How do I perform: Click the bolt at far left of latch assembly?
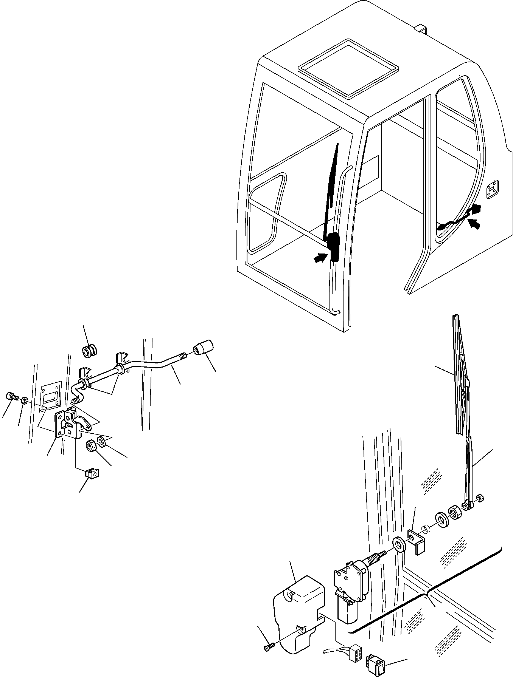pos(11,397)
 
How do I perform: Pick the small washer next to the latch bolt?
pos(25,399)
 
